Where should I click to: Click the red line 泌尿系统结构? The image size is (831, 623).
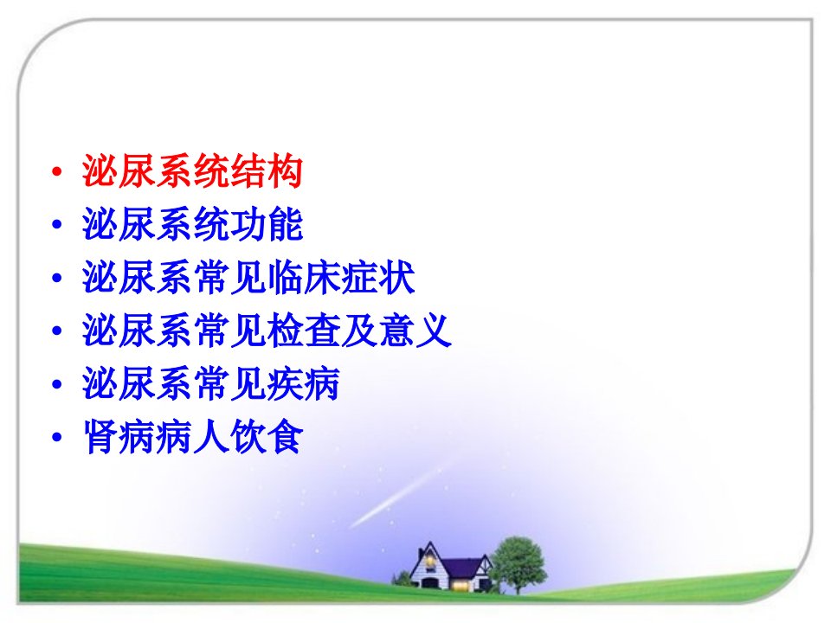192,171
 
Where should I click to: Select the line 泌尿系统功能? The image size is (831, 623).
192,224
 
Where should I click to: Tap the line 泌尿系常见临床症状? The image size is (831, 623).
248,277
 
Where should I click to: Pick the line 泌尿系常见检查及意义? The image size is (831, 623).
267,330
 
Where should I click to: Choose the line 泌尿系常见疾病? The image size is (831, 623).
211,383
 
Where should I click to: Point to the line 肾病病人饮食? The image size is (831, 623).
192,436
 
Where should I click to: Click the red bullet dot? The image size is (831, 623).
57,171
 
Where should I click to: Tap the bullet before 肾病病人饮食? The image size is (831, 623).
57,437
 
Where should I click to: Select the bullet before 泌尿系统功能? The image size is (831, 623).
57,225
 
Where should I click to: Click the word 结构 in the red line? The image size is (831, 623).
267,171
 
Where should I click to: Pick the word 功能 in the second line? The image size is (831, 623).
267,224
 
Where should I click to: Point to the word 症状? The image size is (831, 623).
378,277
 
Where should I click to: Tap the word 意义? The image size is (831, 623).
415,330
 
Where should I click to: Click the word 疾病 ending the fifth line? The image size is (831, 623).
304,383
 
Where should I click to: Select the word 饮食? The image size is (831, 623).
267,436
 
